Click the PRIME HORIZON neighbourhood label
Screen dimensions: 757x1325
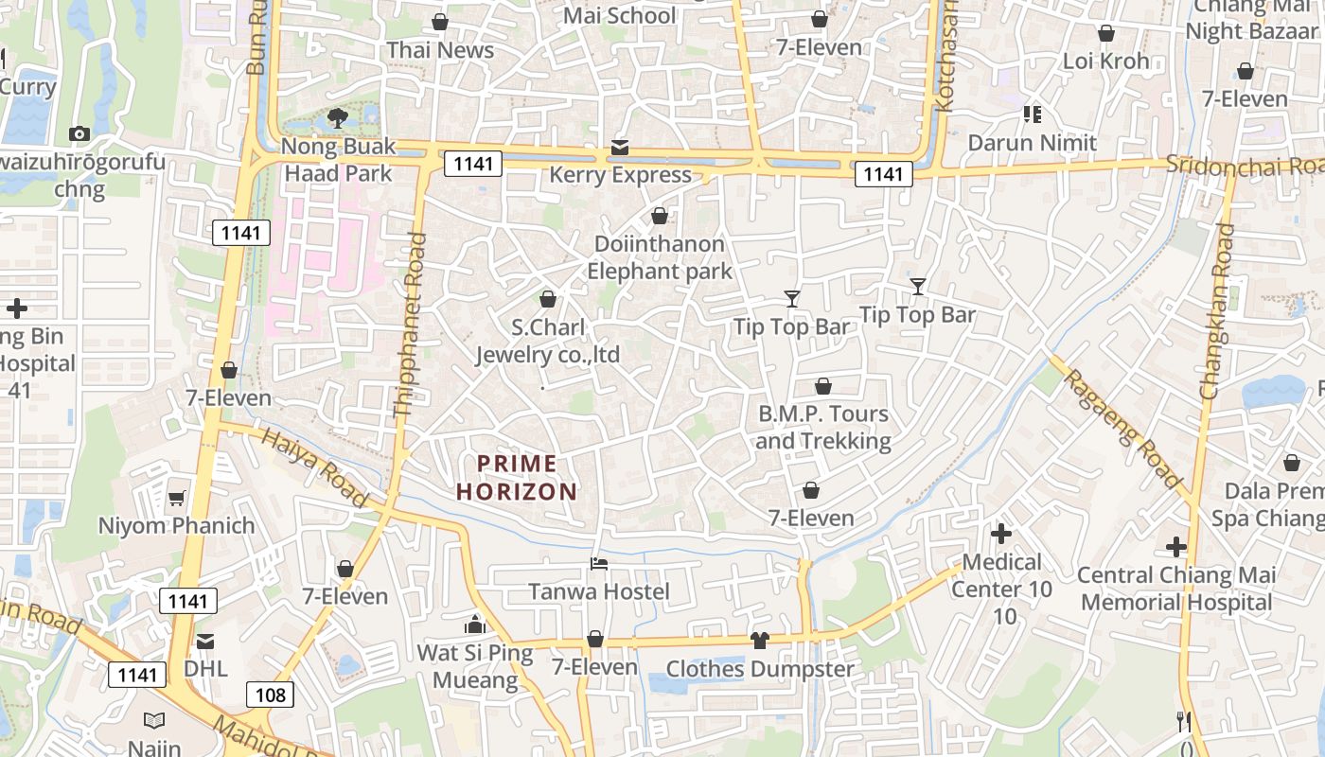(x=517, y=477)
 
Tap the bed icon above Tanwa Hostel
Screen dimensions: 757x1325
(x=598, y=564)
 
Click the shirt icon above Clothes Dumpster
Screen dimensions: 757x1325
(x=759, y=641)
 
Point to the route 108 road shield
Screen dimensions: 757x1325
(x=270, y=695)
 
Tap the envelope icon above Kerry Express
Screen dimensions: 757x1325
(x=620, y=148)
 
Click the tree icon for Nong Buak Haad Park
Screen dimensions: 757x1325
(x=337, y=118)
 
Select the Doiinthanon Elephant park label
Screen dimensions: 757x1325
(x=660, y=257)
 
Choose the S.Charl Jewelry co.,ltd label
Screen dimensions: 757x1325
(x=547, y=341)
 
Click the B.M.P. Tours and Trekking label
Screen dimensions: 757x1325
(x=823, y=427)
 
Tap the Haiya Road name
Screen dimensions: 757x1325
(x=314, y=467)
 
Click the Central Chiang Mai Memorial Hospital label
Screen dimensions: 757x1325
(x=1176, y=588)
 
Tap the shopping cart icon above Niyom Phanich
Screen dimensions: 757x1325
(x=176, y=498)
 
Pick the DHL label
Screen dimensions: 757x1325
(x=205, y=668)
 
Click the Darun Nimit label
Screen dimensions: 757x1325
(x=1032, y=143)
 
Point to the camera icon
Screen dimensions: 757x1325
(x=79, y=134)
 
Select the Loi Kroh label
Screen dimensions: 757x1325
(x=1105, y=62)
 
